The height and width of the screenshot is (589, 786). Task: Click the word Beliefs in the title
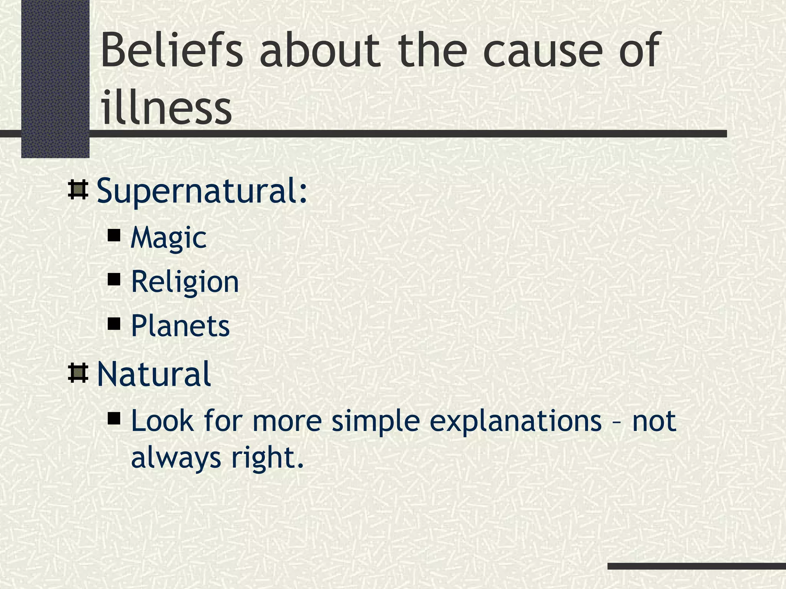tap(172, 50)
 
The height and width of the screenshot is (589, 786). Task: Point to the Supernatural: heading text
tap(202, 191)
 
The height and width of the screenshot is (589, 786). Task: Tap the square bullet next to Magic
tap(114, 235)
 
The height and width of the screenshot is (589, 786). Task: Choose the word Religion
tap(185, 282)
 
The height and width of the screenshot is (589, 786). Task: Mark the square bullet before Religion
tap(114, 280)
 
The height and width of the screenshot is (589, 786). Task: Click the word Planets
tap(180, 326)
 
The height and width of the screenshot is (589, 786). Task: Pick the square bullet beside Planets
tap(114, 324)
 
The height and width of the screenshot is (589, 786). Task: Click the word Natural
tap(154, 374)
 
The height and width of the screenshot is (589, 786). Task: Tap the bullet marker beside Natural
tap(78, 373)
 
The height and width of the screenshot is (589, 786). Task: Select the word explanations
tap(515, 421)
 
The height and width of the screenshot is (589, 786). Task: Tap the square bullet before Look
tap(114, 418)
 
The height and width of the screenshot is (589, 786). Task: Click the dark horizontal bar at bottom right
tap(697, 566)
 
